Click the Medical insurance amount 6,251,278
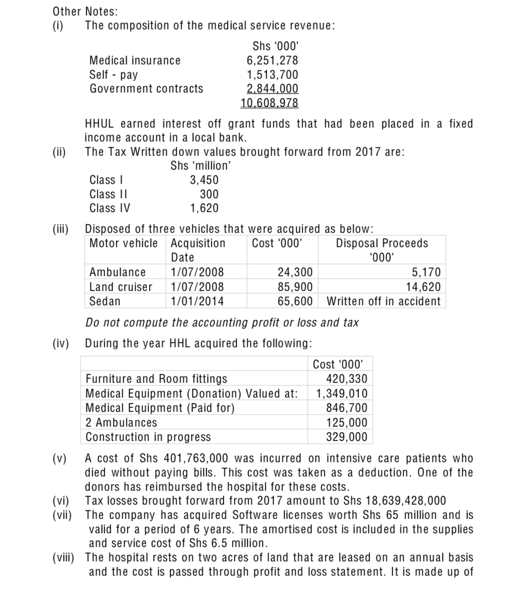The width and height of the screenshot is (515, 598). point(272,60)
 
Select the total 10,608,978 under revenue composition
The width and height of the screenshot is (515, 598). point(269,102)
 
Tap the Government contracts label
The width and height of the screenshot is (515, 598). point(146,89)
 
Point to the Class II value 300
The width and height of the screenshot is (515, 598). point(209,194)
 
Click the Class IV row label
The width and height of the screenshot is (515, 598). point(110,208)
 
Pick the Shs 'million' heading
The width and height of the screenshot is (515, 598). point(200,166)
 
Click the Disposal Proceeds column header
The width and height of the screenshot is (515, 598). point(382,243)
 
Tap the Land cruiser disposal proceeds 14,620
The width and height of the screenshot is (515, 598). point(423,287)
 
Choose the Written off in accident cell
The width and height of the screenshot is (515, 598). point(383,301)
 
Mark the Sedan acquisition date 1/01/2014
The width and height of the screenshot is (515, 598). point(197,301)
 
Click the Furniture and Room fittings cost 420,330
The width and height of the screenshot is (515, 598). point(347,379)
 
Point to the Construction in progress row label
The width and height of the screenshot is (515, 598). point(148,437)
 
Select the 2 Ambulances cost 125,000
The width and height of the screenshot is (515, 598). point(347,423)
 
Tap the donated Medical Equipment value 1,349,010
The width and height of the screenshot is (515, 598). point(342,394)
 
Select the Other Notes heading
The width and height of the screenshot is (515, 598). point(85,11)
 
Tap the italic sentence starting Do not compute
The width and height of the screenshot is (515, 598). point(222,323)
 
